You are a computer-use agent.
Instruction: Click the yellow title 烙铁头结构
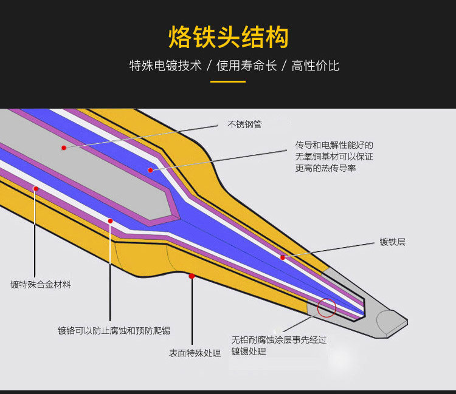228,37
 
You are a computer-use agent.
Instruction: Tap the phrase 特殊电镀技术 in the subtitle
165,66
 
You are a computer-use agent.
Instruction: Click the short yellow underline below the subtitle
228,81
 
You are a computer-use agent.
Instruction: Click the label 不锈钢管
244,124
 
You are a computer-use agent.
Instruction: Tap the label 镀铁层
392,242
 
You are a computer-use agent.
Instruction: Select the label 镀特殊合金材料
41,284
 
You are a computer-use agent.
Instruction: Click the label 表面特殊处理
195,353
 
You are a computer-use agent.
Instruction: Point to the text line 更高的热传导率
326,168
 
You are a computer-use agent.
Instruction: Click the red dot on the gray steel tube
63,147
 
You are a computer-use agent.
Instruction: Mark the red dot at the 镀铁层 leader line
283,257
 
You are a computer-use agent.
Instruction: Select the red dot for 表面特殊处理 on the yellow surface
192,276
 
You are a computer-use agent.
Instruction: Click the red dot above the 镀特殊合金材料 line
35,189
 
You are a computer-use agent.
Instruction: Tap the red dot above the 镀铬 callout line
110,221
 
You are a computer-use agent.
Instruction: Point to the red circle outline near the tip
326,308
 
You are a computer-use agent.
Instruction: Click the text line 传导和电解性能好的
334,145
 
